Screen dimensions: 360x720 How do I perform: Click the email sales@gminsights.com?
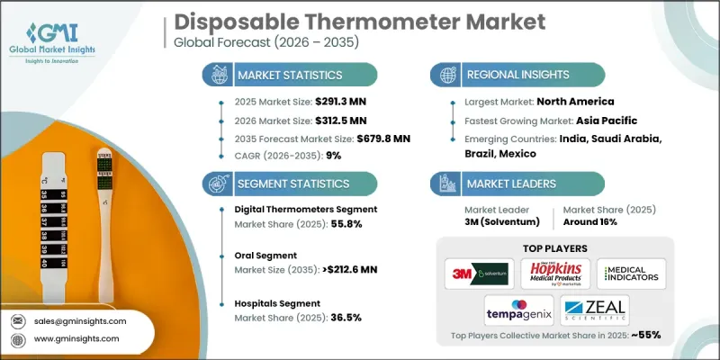pyautogui.click(x=81, y=320)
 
